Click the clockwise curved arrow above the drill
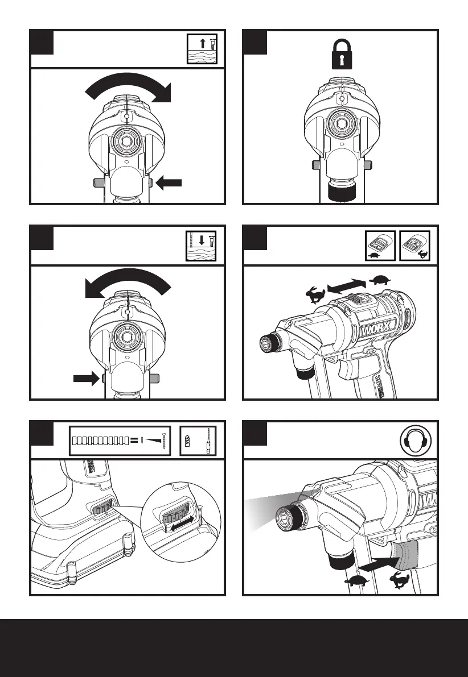click(x=128, y=87)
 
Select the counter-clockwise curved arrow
click(x=127, y=283)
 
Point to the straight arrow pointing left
click(x=169, y=183)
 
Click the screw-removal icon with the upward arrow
click(x=203, y=48)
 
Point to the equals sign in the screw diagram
click(x=133, y=440)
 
